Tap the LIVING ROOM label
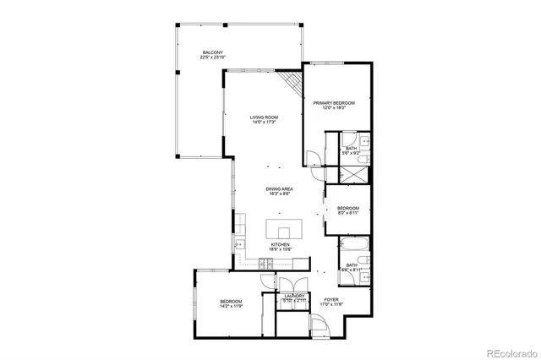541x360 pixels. tap(264, 117)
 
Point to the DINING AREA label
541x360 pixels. tap(280, 188)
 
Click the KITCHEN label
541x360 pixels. tap(281, 244)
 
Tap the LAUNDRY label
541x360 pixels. tap(294, 296)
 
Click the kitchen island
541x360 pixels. tap(284, 229)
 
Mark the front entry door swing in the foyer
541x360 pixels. tap(320, 325)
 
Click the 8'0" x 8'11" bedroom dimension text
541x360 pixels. tap(348, 213)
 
